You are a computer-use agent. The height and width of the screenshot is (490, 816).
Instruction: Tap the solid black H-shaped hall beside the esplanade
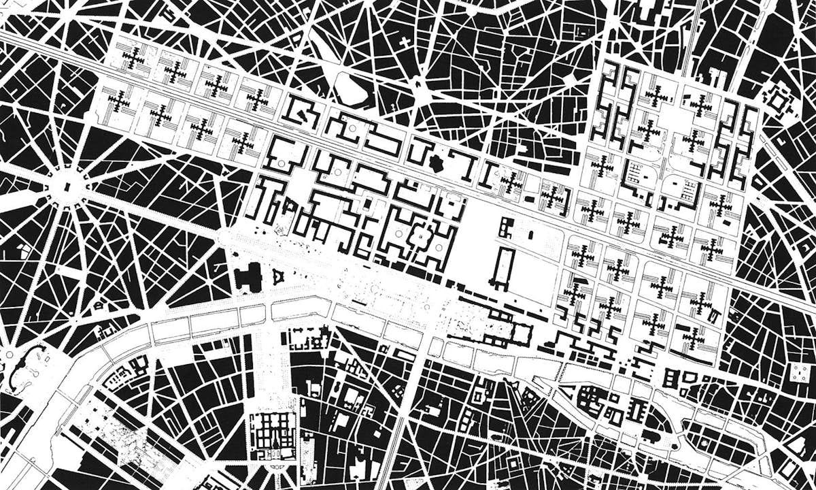(248, 276)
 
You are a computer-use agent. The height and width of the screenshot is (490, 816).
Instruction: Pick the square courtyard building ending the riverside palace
(522, 333)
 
